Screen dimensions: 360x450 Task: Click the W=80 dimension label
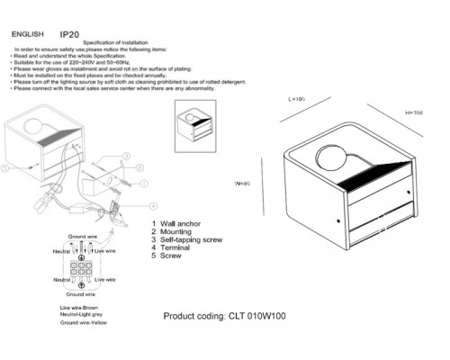tap(240, 184)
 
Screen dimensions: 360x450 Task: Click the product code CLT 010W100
tap(221, 316)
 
